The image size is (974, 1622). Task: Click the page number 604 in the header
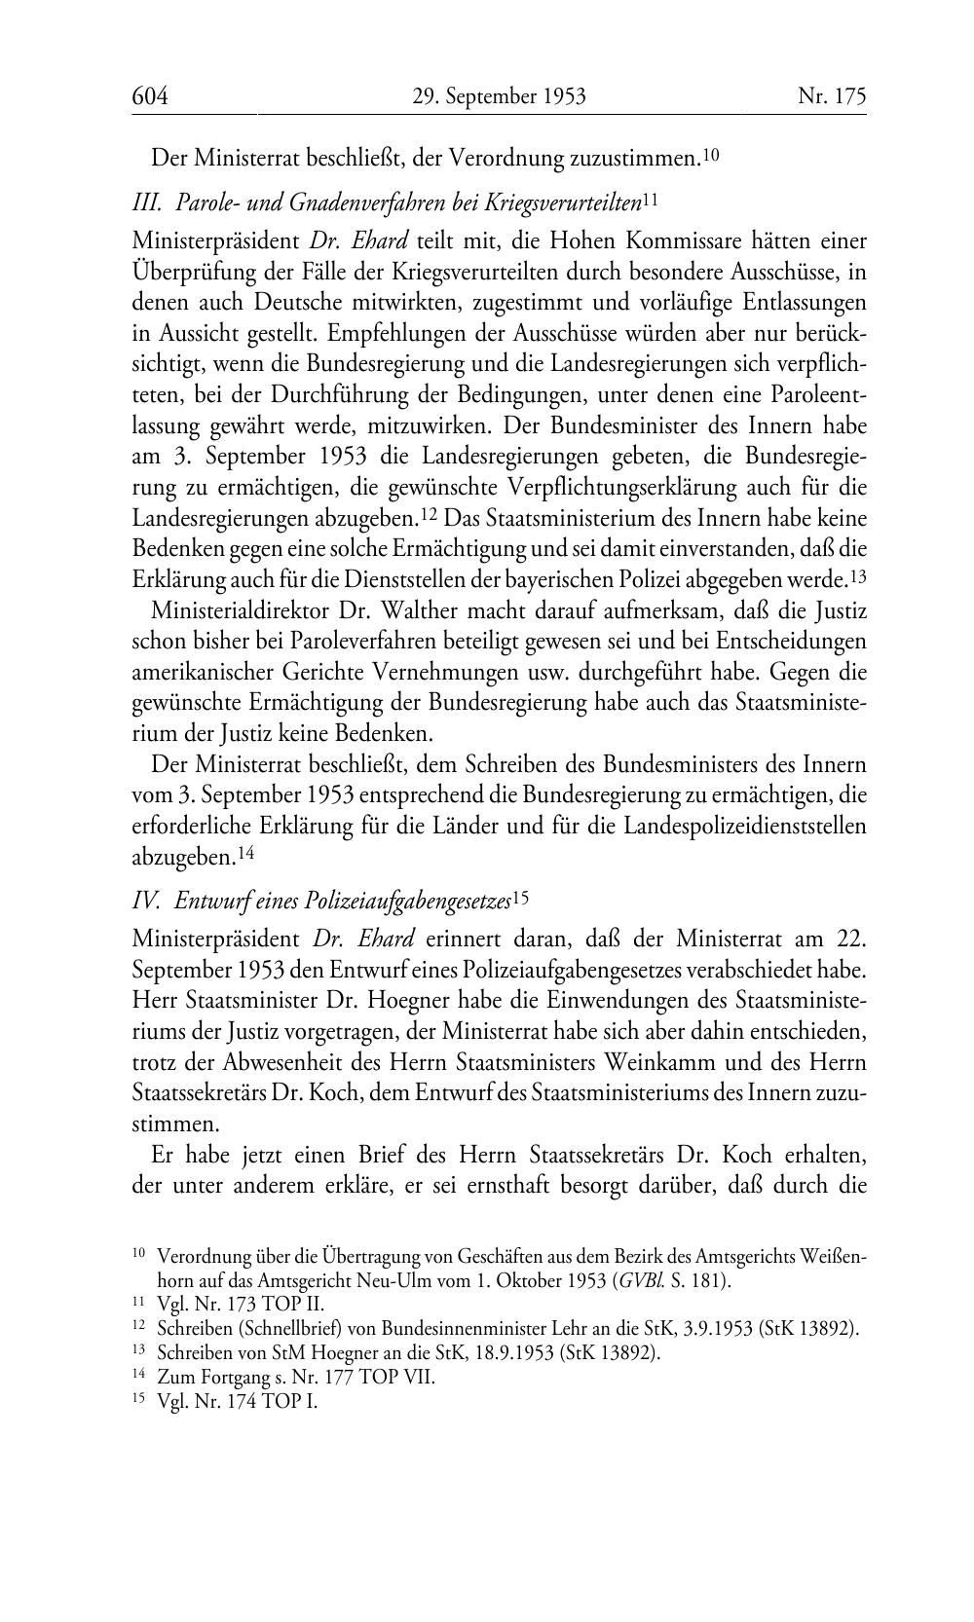150,96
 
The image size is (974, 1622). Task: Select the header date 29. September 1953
499,96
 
